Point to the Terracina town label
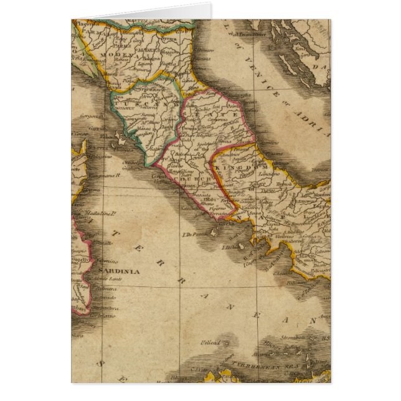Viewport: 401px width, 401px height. click(x=218, y=214)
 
